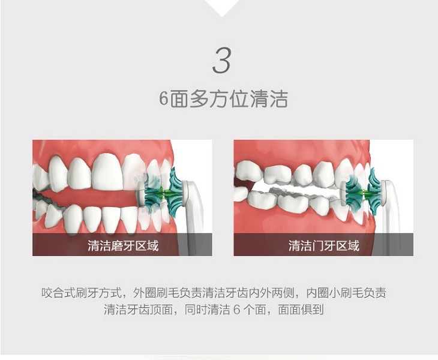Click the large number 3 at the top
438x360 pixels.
[221, 61]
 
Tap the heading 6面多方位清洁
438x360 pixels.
[223, 99]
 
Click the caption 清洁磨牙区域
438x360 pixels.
[123, 246]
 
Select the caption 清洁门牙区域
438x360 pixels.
[324, 246]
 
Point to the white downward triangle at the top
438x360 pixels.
[222, 7]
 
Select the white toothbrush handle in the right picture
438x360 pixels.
[392, 212]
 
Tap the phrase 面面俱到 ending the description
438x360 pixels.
[301, 310]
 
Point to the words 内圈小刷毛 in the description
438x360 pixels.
[335, 293]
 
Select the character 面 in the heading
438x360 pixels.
[179, 99]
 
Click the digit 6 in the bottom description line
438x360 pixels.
[236, 310]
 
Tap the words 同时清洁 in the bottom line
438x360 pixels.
[207, 310]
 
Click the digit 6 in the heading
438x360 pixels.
[164, 99]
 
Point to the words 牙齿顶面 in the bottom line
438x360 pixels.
[149, 310]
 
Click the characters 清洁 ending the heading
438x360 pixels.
[269, 99]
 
